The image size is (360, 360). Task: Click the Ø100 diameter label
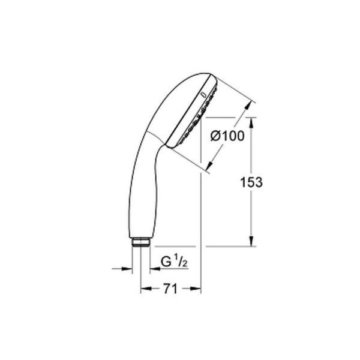pos(227,137)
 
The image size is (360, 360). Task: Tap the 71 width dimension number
pos(170,289)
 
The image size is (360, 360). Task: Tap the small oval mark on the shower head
pos(205,95)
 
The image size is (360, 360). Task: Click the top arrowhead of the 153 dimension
pos(251,119)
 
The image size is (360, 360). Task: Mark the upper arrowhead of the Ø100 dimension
pos(245,105)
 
